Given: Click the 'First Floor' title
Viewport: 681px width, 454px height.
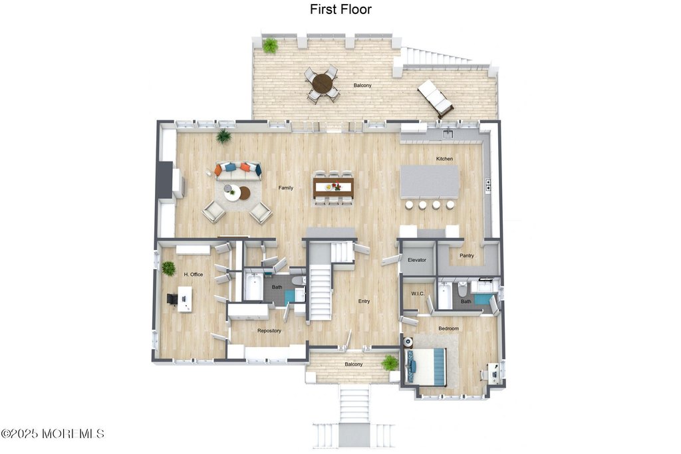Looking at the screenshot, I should tap(340, 9).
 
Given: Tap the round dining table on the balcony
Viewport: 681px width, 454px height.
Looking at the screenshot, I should tap(323, 84).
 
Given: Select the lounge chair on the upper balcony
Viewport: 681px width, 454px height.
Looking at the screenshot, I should tap(436, 98).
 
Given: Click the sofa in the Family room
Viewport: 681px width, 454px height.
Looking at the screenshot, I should tap(237, 170).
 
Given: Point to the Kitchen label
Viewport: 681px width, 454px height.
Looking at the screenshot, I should tap(444, 159).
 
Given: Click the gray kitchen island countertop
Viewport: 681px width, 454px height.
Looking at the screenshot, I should tap(430, 181).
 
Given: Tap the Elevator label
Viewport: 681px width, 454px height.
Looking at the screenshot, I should tap(417, 260).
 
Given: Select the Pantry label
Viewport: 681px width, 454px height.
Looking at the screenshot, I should tap(466, 255).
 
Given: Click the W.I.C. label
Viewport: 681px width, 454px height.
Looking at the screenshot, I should tap(418, 293).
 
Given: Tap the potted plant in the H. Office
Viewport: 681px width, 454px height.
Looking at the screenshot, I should tap(169, 269).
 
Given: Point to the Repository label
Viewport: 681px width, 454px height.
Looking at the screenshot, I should tap(269, 330).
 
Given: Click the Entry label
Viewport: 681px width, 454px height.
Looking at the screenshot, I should tap(364, 301).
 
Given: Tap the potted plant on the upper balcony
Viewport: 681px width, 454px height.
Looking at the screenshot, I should tap(270, 46).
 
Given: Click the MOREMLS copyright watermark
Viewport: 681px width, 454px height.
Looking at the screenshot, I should tap(53, 433).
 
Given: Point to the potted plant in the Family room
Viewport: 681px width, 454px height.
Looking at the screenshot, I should tap(223, 136).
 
